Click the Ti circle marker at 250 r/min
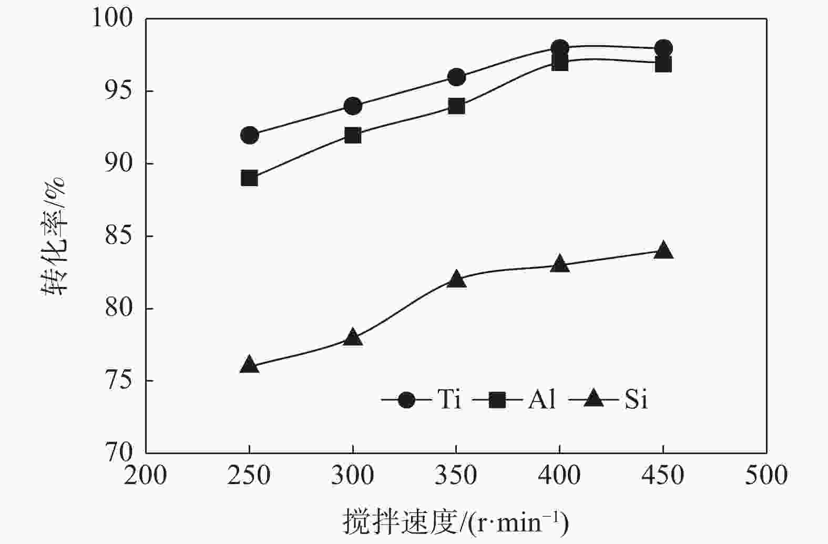(249, 135)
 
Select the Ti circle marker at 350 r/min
(456, 77)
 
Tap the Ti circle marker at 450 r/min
(663, 48)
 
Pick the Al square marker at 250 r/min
(249, 178)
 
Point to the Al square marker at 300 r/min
(353, 135)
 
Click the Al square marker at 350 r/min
(456, 106)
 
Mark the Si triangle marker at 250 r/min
(249, 365)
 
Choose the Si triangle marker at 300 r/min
(353, 337)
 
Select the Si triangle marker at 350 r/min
(456, 279)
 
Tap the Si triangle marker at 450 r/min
(663, 250)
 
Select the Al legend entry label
(541, 400)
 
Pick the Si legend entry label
(636, 400)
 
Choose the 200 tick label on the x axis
(145, 476)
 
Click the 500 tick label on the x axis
(766, 476)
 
